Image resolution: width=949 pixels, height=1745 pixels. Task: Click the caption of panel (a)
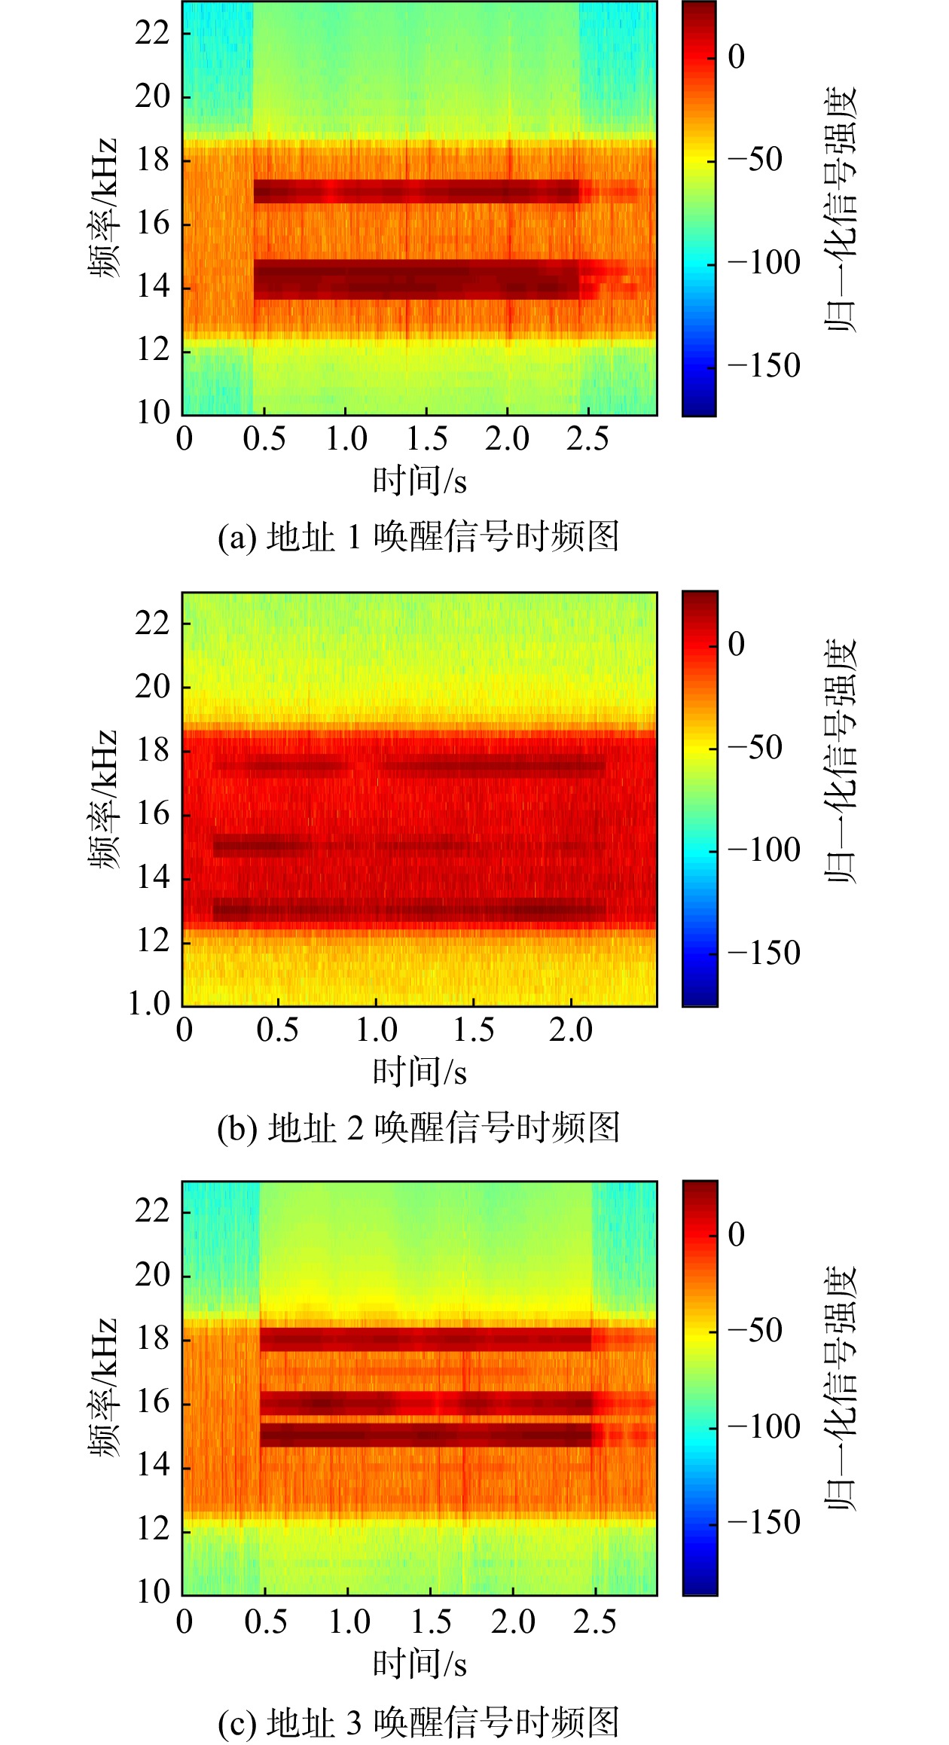click(418, 537)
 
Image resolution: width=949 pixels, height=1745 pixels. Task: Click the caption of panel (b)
click(418, 1127)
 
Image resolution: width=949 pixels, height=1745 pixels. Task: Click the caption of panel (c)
click(418, 1722)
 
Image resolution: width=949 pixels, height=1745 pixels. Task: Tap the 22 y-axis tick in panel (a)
click(153, 32)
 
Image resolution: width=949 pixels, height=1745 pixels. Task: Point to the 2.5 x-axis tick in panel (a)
click(587, 438)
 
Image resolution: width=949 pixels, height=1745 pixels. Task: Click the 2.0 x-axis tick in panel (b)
click(571, 1030)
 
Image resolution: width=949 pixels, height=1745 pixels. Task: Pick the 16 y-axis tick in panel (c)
click(153, 1402)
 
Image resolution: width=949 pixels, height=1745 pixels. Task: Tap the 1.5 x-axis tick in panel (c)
click(431, 1621)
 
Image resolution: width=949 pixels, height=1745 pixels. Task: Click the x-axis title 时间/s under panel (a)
click(420, 480)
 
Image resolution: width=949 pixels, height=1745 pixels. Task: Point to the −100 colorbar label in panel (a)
click(764, 263)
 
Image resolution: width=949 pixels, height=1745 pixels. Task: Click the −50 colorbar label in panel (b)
click(755, 748)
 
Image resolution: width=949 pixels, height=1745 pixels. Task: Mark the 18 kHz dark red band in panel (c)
click(426, 1338)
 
